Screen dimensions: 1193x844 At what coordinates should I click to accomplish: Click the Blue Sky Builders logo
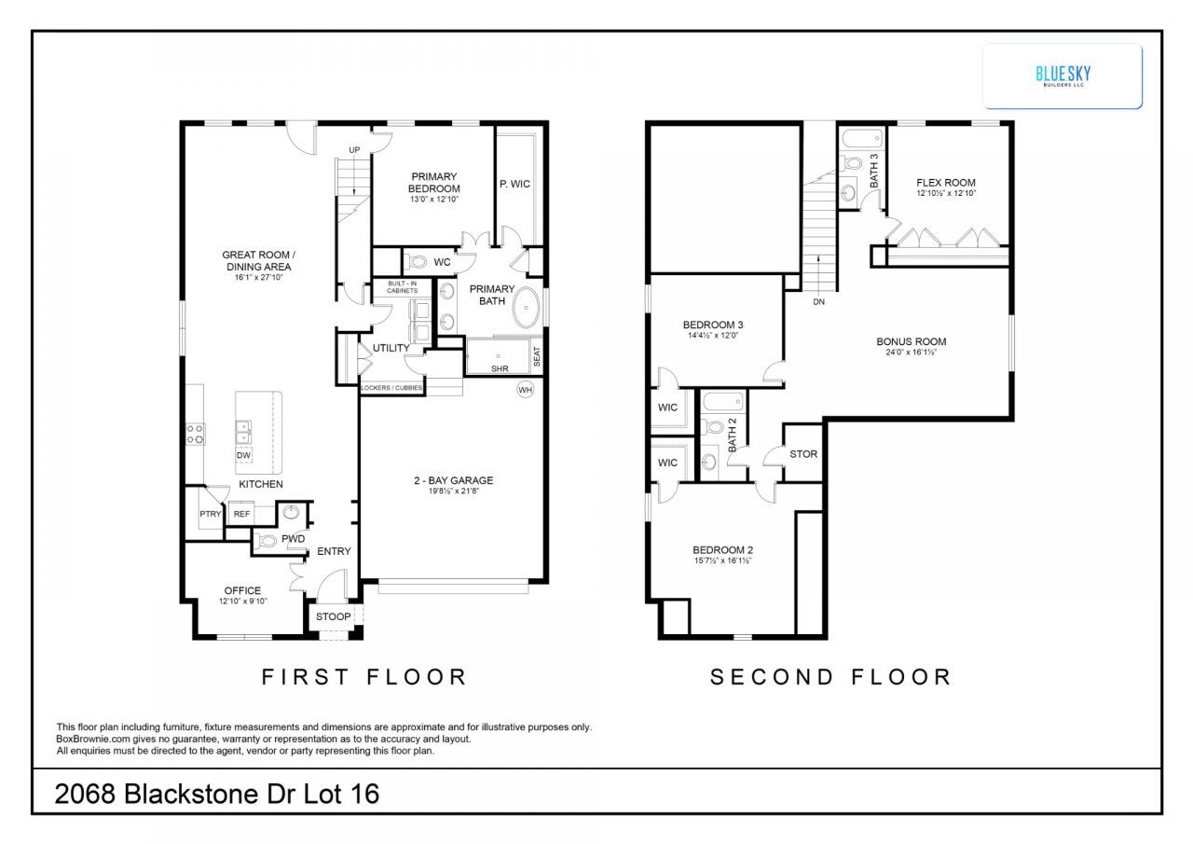[1063, 76]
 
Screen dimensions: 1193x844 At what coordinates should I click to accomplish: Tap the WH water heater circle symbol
[525, 390]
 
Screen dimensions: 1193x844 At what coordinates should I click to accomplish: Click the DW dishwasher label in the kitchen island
[243, 455]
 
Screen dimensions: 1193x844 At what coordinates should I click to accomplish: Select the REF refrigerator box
[241, 514]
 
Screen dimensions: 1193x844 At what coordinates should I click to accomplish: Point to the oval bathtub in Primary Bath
[527, 308]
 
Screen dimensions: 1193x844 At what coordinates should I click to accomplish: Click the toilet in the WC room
[416, 262]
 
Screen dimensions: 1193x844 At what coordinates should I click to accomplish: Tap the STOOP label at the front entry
[333, 616]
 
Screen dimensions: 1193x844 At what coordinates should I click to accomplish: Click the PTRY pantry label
[211, 514]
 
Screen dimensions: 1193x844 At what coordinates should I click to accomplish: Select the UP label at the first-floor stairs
[354, 150]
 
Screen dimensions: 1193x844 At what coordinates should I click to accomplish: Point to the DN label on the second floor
[818, 301]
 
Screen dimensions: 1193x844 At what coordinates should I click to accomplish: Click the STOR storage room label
[803, 454]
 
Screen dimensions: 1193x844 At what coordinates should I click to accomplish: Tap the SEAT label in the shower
[536, 356]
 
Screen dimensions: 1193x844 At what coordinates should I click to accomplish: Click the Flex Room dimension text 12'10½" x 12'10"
[946, 193]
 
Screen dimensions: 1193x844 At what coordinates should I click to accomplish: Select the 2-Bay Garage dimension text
[454, 491]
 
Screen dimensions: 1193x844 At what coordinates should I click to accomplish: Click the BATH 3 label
[874, 171]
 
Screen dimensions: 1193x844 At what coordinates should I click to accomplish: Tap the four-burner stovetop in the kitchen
[195, 434]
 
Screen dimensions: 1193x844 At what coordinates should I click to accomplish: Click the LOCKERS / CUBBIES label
[391, 388]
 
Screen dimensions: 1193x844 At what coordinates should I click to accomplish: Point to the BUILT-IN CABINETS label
[402, 287]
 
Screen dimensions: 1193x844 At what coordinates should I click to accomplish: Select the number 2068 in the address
[85, 794]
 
